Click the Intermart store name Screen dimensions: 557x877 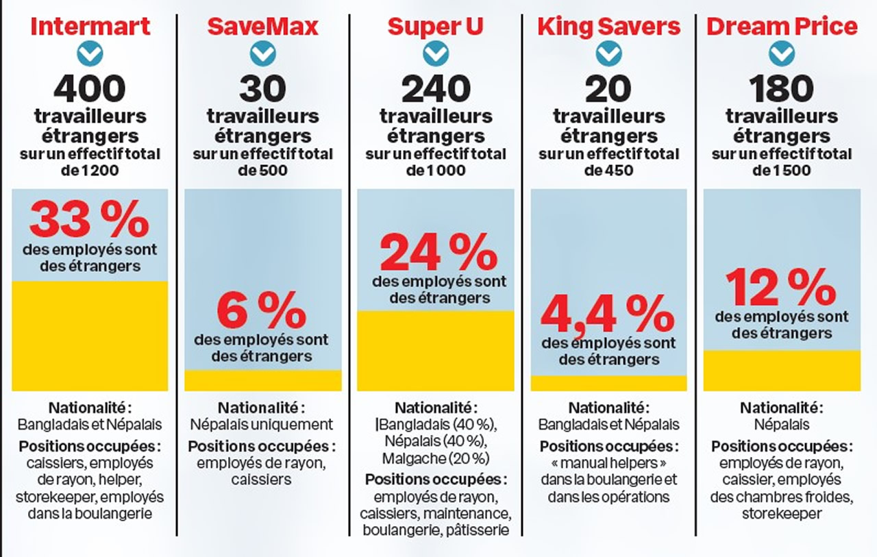click(90, 27)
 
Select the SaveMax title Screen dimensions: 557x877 click(262, 27)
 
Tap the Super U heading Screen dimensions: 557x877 click(435, 27)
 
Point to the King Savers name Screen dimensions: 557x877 click(608, 27)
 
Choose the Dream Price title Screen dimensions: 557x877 click(782, 27)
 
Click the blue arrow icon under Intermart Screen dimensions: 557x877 click(90, 52)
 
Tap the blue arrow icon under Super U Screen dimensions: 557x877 click(435, 52)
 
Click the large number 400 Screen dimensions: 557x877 click(90, 88)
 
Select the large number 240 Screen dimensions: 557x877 click(435, 88)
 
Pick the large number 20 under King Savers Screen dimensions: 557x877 click(608, 88)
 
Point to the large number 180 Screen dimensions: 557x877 click(782, 88)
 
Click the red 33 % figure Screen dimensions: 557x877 click(89, 219)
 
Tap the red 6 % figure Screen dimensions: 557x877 click(262, 310)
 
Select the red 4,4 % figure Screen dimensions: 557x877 click(608, 314)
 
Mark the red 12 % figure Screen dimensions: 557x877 click(781, 287)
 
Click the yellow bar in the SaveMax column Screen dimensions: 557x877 click(263, 380)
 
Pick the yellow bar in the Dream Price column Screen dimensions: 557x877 click(782, 371)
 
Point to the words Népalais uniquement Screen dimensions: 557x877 click(262, 424)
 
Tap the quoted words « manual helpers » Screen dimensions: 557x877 click(608, 462)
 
